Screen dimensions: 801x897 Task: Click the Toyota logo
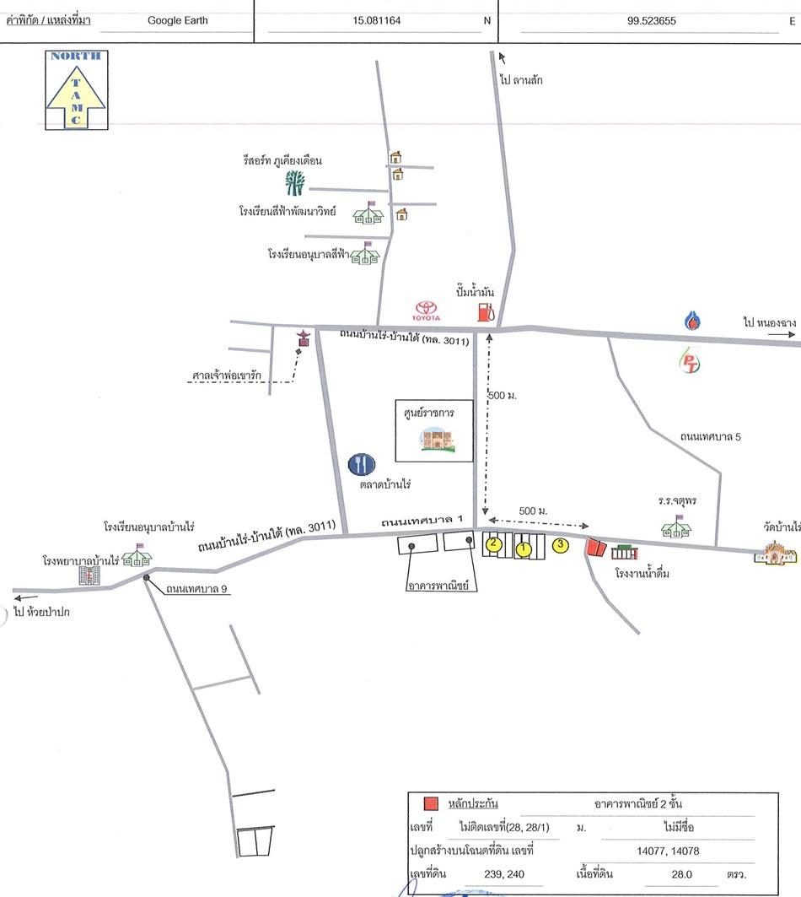click(426, 311)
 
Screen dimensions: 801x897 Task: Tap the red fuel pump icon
click(486, 311)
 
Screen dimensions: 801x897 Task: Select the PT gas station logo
click(690, 361)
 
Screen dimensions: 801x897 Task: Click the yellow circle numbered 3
click(561, 544)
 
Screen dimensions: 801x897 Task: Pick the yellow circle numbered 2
click(493, 543)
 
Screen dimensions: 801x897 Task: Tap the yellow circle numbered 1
click(523, 549)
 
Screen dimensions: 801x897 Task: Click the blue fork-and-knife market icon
click(362, 464)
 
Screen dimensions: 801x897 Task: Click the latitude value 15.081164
click(376, 20)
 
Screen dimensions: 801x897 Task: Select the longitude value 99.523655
click(651, 20)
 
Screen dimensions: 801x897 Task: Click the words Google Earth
click(178, 20)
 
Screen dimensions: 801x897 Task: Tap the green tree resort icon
click(295, 182)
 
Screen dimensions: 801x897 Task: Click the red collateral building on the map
click(596, 548)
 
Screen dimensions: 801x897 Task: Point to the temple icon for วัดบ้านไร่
click(775, 553)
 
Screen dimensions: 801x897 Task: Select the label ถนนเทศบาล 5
click(710, 436)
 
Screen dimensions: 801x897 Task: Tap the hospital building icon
click(89, 575)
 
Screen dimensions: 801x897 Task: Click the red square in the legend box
click(431, 803)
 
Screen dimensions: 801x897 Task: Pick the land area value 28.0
click(681, 874)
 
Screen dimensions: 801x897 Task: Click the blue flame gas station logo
click(692, 321)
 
